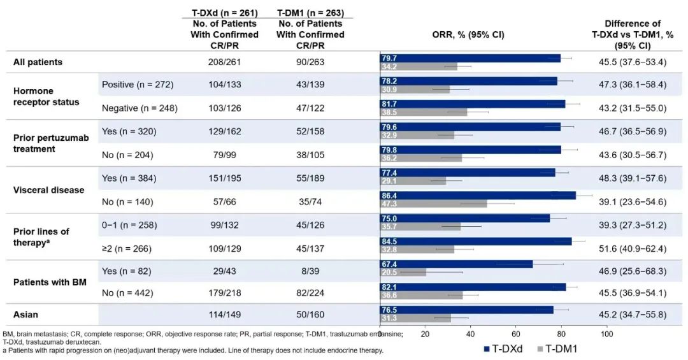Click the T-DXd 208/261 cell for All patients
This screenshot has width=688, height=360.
[224, 62]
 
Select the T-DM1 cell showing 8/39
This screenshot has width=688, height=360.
[310, 271]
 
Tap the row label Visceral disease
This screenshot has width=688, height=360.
[48, 190]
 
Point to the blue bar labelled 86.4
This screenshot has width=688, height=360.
[478, 195]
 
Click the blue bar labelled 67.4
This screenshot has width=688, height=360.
[456, 264]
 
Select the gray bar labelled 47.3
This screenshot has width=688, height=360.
[434, 204]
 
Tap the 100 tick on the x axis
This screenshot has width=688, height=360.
[606, 334]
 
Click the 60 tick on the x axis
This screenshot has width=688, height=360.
[516, 334]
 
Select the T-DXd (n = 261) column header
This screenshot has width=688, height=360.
[224, 13]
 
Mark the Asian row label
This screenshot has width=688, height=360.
[26, 315]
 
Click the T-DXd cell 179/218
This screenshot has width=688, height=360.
[224, 294]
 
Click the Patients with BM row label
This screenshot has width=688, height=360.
[50, 282]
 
